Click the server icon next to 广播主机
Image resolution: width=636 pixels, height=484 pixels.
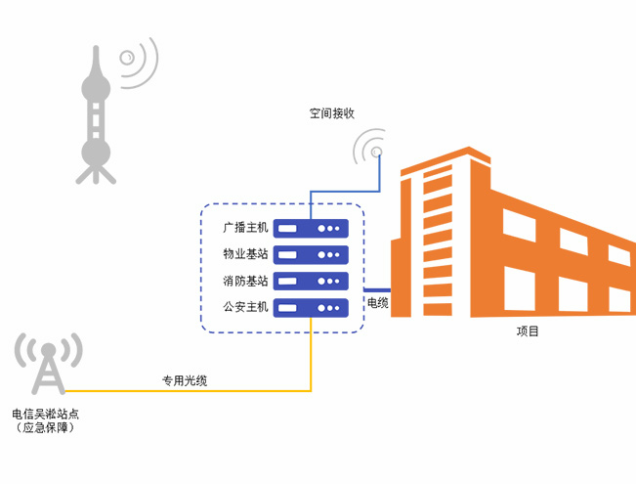311,229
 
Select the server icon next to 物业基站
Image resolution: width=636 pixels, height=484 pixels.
311,255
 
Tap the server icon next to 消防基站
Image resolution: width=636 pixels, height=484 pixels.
311,282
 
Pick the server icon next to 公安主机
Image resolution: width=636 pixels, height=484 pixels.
311,308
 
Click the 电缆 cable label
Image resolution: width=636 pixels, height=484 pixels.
377,303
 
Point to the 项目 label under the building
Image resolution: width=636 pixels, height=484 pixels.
528,331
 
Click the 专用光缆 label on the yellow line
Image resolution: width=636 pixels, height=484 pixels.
184,380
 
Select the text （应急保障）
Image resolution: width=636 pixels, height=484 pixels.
45,428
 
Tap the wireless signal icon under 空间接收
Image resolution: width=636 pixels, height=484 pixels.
370,150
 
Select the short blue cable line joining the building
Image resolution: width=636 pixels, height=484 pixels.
377,290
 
